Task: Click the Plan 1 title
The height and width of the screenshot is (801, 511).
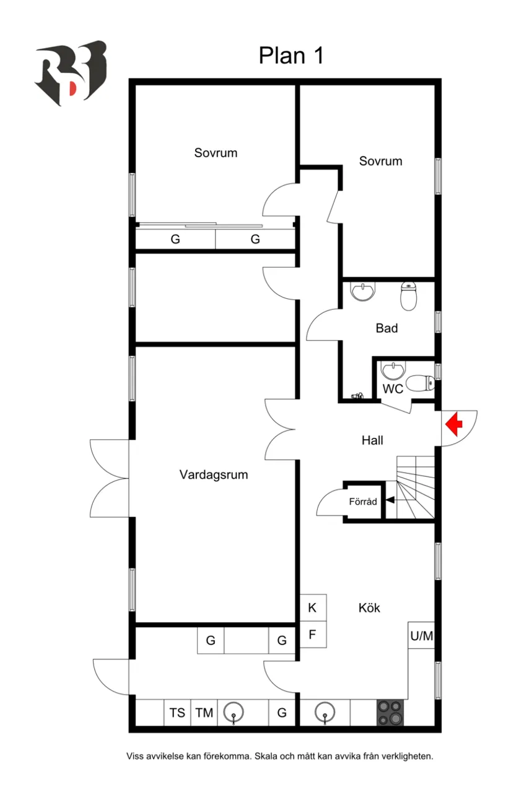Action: [x=291, y=56]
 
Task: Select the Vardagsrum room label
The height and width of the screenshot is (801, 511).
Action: [x=214, y=475]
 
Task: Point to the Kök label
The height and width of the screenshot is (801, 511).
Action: [x=369, y=608]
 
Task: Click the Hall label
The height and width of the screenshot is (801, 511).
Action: [x=372, y=440]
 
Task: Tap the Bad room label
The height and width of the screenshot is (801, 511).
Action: [x=387, y=328]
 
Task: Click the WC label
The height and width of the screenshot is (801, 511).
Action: [x=393, y=389]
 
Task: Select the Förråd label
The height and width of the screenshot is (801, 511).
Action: [x=363, y=502]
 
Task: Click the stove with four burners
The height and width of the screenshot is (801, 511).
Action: [x=390, y=713]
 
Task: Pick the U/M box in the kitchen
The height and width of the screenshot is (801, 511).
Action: [x=422, y=635]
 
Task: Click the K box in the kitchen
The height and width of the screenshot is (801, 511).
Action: [x=313, y=608]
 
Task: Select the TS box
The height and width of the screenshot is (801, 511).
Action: [x=178, y=713]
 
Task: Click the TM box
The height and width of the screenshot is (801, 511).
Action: [x=204, y=713]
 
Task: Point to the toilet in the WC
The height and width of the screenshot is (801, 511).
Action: [x=421, y=383]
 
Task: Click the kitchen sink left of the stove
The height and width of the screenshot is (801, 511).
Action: [x=324, y=713]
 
